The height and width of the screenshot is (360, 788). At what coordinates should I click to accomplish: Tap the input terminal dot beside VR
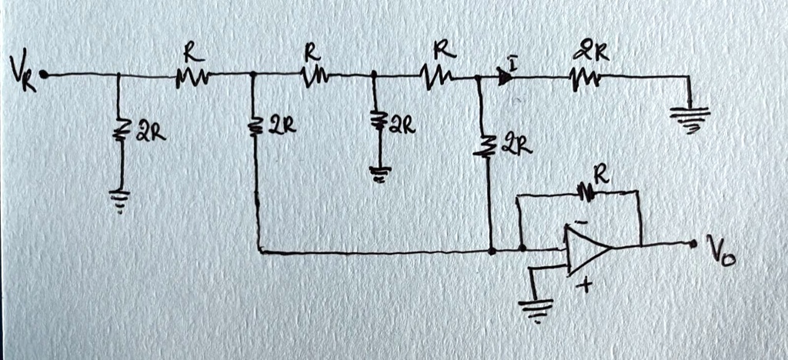tap(44, 75)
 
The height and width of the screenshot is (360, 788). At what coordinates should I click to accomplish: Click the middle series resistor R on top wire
tap(314, 75)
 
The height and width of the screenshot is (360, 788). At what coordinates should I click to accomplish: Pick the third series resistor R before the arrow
tap(437, 75)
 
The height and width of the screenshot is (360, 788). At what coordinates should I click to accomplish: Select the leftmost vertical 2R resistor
tap(120, 132)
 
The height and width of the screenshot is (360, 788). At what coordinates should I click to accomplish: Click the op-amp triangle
tap(586, 248)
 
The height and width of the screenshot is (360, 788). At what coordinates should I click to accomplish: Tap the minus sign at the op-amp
tap(581, 222)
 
